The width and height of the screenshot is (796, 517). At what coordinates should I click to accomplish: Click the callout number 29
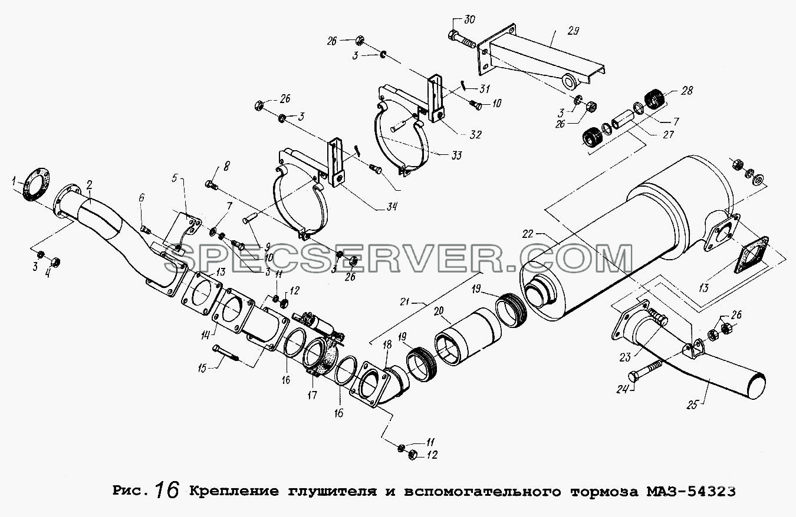point(573,31)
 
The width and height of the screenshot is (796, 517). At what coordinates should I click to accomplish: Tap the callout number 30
point(469,19)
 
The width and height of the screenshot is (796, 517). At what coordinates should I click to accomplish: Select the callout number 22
point(528,234)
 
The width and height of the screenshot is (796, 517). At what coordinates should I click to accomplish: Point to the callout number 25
point(693,405)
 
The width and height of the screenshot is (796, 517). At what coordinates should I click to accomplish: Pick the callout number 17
point(312,395)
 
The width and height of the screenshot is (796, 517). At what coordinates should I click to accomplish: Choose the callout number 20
point(439,311)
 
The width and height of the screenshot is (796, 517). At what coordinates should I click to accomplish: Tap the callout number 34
point(392,206)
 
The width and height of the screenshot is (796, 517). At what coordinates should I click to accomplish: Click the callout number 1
point(14,182)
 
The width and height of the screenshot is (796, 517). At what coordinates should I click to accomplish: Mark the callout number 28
point(686,91)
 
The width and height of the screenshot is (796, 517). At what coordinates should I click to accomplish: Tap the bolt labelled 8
point(212,185)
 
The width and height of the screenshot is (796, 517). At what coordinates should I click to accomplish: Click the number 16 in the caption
point(167,491)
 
